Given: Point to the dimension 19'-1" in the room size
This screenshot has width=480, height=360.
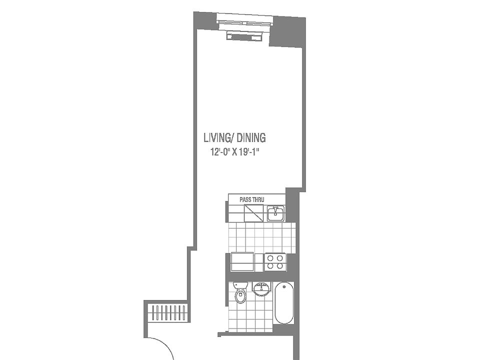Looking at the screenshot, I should pos(251,152).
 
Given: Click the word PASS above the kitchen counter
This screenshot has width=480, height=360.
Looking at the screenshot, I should pos(245,199).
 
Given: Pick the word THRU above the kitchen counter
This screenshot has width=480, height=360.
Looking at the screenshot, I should pos(257,199).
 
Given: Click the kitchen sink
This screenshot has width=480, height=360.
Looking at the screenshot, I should pos(275,214).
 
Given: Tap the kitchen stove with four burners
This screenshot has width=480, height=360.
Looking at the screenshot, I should pos(275,262).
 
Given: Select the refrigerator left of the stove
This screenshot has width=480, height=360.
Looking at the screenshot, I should pos(242,262).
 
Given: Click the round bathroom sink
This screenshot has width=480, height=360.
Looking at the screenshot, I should pos(261,289).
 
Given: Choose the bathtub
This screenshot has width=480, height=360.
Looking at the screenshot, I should pos(284,303).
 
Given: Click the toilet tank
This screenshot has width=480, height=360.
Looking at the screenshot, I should pos(240,286).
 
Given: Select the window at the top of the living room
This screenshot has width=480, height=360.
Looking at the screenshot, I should pos(245,21).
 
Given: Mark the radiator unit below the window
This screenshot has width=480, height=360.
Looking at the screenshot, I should pos(244,35).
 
